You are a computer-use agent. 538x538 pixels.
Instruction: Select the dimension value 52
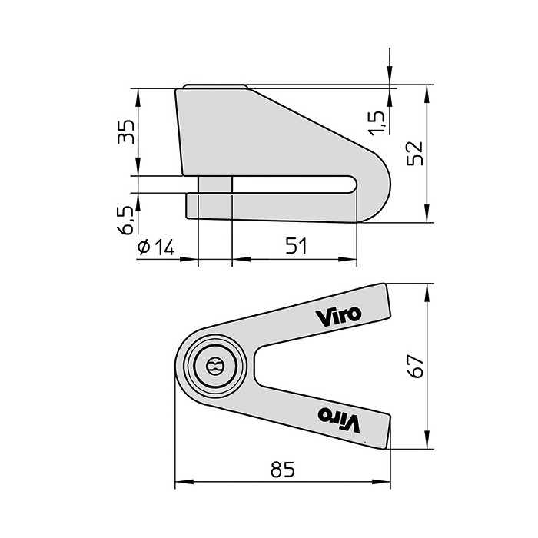point(417,152)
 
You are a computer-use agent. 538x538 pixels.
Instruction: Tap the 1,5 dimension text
point(376,121)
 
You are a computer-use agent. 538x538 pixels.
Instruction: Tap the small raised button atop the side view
point(216,85)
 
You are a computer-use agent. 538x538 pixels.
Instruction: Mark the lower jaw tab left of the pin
point(192,205)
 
